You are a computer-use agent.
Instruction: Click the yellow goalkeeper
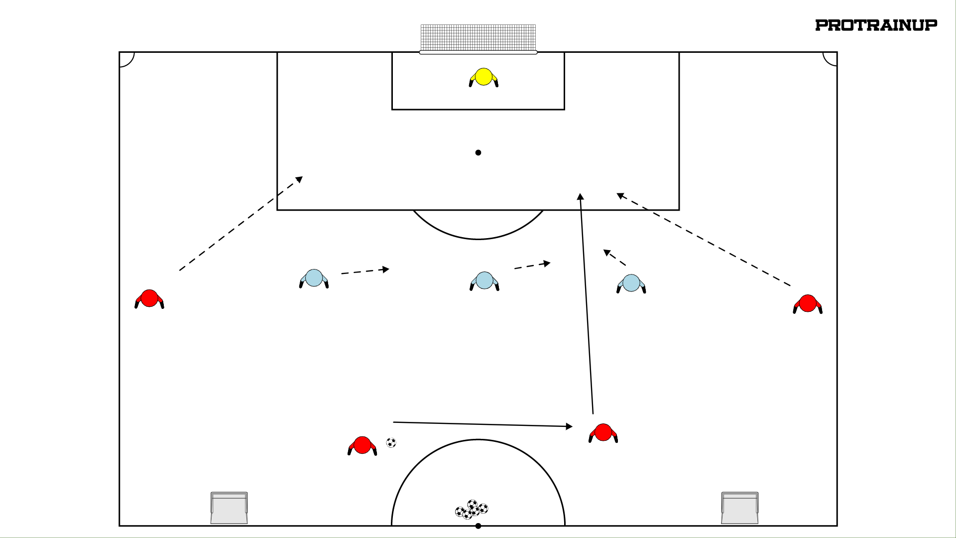483,77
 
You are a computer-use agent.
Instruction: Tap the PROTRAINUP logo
876,25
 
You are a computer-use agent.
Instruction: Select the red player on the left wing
149,299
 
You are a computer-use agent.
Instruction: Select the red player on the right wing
808,304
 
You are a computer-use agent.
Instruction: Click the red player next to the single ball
362,445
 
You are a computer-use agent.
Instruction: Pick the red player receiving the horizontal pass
603,433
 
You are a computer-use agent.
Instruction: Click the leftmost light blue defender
314,278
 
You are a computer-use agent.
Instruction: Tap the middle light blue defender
484,281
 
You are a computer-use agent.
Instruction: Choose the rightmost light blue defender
631,283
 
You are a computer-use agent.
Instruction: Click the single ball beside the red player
391,442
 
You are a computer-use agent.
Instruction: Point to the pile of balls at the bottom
472,510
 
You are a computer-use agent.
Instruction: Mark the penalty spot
478,152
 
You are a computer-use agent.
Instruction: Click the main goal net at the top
478,38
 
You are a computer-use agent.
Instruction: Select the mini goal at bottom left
229,508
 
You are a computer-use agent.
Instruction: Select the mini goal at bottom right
740,508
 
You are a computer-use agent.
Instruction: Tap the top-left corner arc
130,63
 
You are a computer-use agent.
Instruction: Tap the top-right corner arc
826,62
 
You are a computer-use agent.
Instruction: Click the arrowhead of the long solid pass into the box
580,196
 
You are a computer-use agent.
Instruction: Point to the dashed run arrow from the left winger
241,224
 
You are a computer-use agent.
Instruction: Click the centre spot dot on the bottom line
478,526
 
